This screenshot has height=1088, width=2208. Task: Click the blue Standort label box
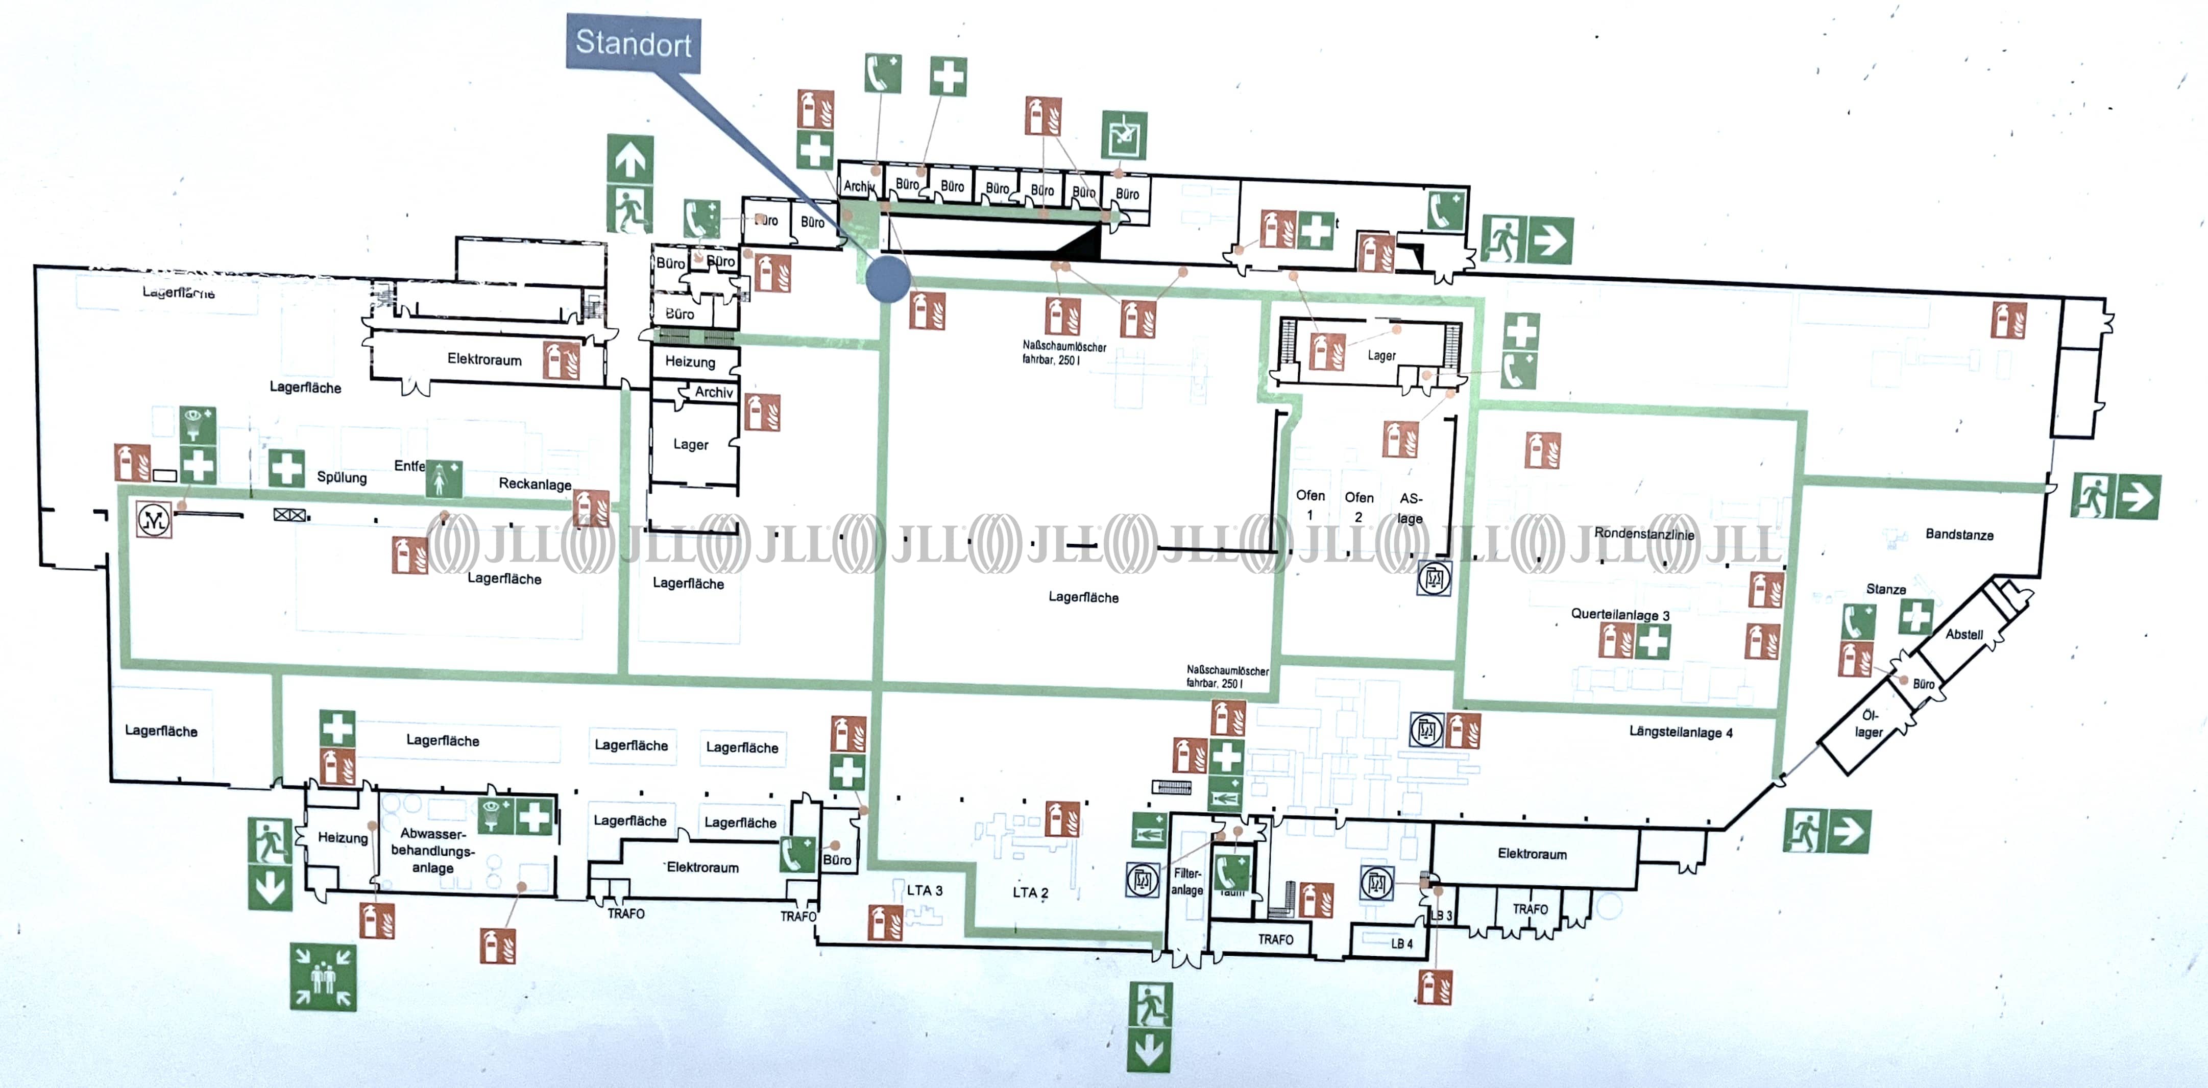click(x=634, y=43)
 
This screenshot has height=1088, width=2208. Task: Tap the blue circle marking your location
click(x=887, y=279)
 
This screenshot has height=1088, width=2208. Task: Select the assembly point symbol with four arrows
click(x=322, y=977)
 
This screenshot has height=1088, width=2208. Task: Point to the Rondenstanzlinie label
click(x=1643, y=534)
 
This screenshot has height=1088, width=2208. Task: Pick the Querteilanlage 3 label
click(x=1619, y=615)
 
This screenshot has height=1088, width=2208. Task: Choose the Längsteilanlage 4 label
click(x=1680, y=732)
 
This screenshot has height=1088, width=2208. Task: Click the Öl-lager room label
click(x=1869, y=723)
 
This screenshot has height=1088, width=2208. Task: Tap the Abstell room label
click(x=1963, y=635)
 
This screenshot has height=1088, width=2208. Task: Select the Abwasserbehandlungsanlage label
click(x=433, y=851)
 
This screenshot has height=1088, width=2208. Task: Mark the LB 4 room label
click(x=1401, y=943)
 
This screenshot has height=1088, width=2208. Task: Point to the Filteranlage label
click(x=1187, y=881)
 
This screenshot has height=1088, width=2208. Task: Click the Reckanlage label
click(x=535, y=483)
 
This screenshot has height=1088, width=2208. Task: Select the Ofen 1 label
click(x=1309, y=504)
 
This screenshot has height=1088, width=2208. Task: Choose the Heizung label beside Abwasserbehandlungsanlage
click(x=342, y=838)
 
